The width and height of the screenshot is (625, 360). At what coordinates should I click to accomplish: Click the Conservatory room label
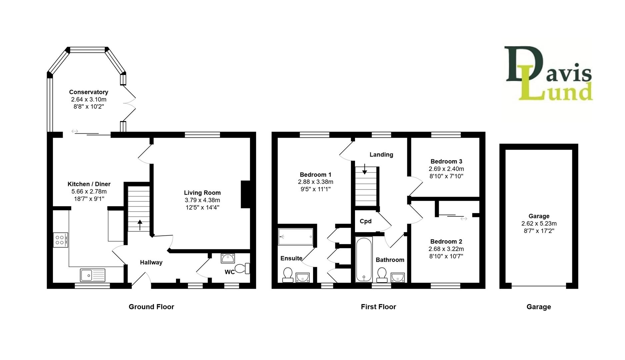tap(88, 92)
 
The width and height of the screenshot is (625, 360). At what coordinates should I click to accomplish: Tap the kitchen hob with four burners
tap(60, 240)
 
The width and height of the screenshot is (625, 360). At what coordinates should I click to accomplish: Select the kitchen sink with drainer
tap(92, 275)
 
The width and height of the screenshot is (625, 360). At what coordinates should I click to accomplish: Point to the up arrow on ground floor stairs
tap(140, 225)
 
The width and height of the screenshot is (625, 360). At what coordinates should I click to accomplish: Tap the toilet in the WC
tap(242, 268)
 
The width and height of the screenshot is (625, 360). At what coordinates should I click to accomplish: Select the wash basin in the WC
tap(228, 258)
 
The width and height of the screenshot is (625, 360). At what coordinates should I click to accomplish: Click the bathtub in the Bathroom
tap(364, 260)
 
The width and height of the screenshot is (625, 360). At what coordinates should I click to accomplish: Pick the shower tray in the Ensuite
tap(296, 237)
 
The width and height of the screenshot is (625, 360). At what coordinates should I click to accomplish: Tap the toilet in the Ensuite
tap(288, 274)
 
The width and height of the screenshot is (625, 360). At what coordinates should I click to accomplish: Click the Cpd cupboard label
tap(365, 221)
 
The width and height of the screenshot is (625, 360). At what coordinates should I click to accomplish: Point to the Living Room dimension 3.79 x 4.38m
tap(202, 200)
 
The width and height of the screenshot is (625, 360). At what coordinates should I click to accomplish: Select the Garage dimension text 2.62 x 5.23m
tap(539, 223)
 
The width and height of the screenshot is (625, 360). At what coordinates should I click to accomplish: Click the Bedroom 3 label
tap(446, 161)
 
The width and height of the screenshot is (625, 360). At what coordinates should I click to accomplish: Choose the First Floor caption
tap(378, 307)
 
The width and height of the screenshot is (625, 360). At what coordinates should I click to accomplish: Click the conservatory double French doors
tap(129, 103)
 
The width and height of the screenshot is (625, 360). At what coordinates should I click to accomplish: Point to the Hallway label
tap(151, 262)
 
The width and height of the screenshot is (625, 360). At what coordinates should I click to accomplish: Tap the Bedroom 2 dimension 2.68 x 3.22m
tap(446, 249)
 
